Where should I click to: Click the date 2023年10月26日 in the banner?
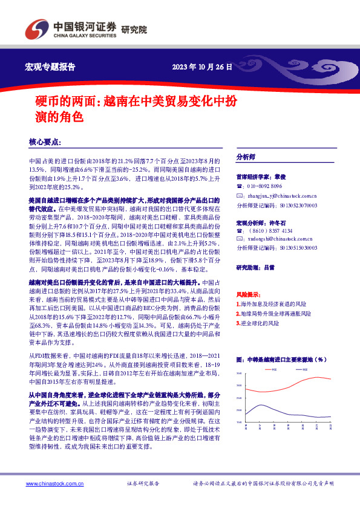point(201,66)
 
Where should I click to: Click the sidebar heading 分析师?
point(246,157)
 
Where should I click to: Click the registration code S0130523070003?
point(296,205)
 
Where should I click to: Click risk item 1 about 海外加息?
point(274,304)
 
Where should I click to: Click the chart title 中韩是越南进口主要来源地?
point(285,359)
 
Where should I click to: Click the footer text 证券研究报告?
point(143,484)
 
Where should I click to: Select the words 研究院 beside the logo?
point(134,29)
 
